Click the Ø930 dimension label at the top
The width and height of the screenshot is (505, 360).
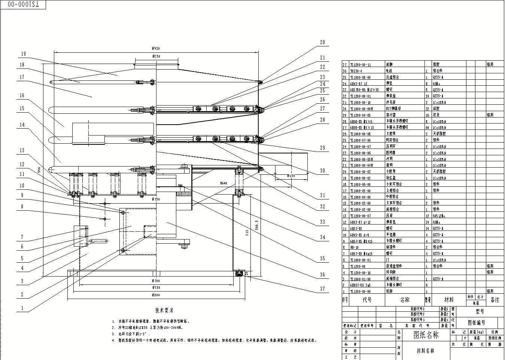pos(155,49)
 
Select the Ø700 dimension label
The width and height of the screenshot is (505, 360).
pos(156,280)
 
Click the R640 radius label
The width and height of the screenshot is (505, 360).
pos(223,183)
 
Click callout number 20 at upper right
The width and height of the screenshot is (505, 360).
pos(322,43)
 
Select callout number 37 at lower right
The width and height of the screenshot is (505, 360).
pos(322,289)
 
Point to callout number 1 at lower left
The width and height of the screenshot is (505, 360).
pos(22,308)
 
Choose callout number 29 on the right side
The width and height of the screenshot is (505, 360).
pos(322,148)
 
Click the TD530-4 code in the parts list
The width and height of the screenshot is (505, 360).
pos(356,71)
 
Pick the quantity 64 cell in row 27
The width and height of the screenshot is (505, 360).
pos(427,127)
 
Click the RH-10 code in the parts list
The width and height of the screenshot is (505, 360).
pos(354,247)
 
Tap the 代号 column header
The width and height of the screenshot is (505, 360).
pos(367,300)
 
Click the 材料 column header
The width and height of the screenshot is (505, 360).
pos(449,300)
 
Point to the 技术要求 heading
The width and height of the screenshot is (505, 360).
pos(164,311)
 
